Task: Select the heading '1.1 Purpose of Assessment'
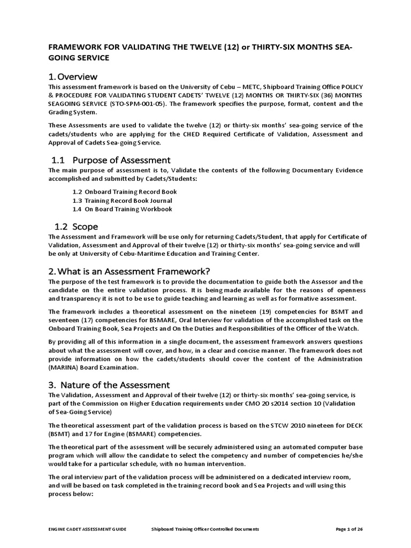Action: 111,160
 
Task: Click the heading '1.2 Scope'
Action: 75,227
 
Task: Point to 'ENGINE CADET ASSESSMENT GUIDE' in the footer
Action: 87,529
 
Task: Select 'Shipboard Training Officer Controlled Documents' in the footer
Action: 205,529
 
